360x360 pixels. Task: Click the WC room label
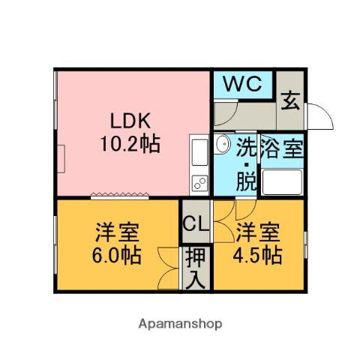point(243,84)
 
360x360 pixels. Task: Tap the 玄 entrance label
point(290,100)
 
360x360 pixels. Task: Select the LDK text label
point(130,121)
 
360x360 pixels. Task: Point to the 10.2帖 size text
point(130,143)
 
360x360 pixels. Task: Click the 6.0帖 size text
point(117,255)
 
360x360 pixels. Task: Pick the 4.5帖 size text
point(258,255)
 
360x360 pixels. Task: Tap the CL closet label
point(196,224)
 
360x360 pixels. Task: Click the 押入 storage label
point(196,268)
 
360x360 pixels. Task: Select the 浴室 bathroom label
point(282,148)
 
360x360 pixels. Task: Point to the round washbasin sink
point(222,144)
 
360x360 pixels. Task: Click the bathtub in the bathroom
point(282,182)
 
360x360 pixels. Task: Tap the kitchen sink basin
point(199,152)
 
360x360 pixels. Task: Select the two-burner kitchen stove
point(199,183)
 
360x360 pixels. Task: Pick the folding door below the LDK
point(120,195)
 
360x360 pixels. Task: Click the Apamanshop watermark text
point(180,324)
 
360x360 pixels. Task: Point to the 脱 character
point(247,181)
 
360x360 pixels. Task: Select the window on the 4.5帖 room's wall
point(305,244)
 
